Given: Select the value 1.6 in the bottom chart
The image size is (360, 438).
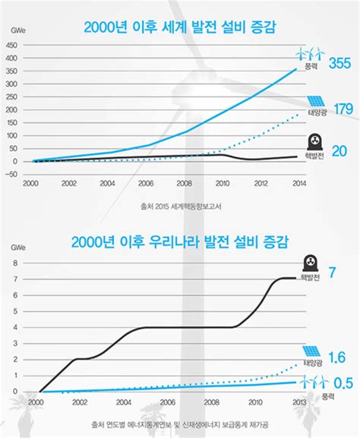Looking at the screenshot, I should pos(337,357).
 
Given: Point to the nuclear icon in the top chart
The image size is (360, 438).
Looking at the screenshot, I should pos(312,141).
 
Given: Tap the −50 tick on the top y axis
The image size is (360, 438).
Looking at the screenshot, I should pos(13,174).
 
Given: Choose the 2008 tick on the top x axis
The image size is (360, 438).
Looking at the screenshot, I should pos(184,184).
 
